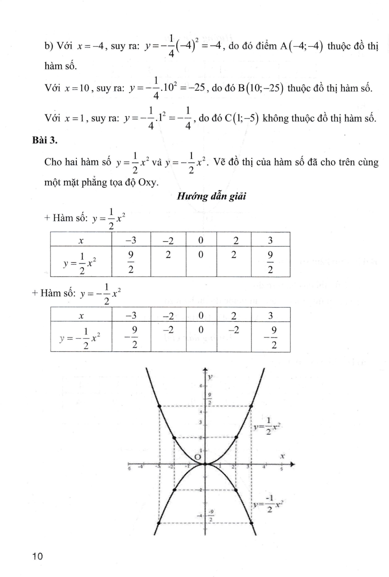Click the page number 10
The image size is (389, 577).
pyautogui.click(x=38, y=556)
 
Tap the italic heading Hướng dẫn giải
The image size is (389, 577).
pyautogui.click(x=211, y=197)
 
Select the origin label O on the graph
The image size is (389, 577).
pyautogui.click(x=198, y=457)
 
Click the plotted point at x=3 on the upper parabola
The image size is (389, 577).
pyautogui.click(x=251, y=405)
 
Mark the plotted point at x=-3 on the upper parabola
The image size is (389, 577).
pyautogui.click(x=159, y=405)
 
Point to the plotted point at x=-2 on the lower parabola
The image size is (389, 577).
pyautogui.click(x=175, y=490)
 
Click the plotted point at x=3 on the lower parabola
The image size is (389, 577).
pyautogui.click(x=251, y=522)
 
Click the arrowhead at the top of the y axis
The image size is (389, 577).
pyautogui.click(x=205, y=370)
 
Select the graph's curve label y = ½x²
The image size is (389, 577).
pyautogui.click(x=268, y=426)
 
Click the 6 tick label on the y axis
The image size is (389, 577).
pyautogui.click(x=201, y=385)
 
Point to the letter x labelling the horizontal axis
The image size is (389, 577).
pyautogui.click(x=283, y=456)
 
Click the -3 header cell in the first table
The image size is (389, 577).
pyautogui.click(x=131, y=240)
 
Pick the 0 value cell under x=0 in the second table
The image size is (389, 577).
pyautogui.click(x=201, y=330)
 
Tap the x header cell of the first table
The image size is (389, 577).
pyautogui.click(x=81, y=240)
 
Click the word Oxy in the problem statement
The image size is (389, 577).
pyautogui.click(x=148, y=182)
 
